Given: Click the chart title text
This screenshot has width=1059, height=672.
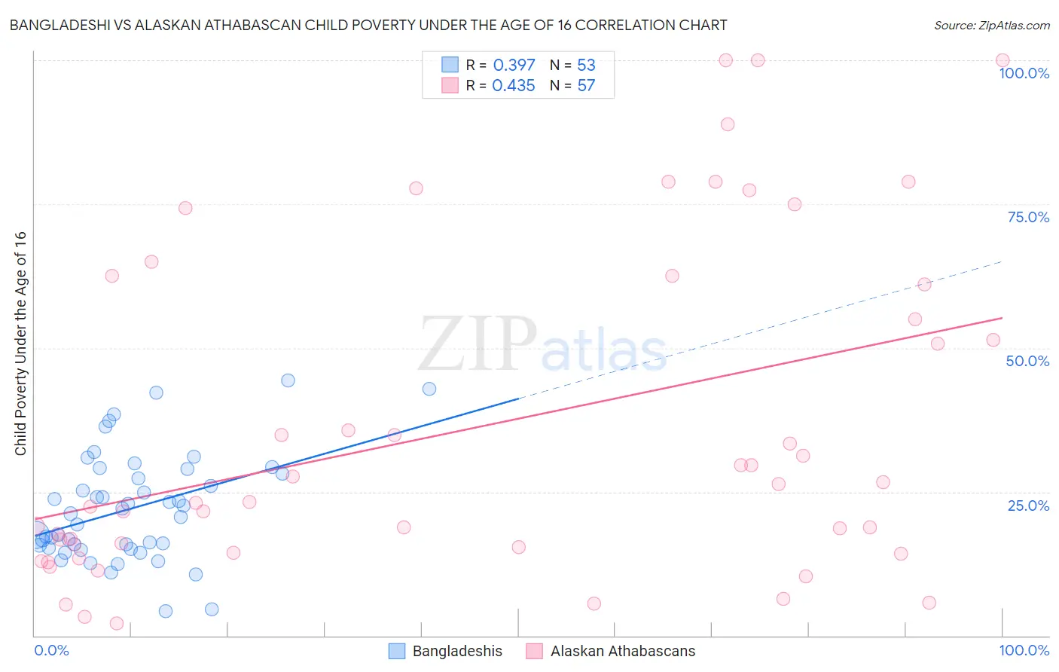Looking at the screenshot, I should click(368, 25).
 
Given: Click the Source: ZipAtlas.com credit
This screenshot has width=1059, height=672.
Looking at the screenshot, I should click(991, 25).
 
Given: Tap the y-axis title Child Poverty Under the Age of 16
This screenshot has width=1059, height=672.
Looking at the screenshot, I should click(20, 343).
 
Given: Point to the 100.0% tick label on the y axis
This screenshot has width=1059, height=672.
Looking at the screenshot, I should click(1024, 73).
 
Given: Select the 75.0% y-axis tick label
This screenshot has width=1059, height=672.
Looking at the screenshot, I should click(1028, 217).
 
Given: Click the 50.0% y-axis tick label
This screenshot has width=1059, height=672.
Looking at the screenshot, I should click(1027, 361).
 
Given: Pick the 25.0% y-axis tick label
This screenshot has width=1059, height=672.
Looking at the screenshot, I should click(1028, 506).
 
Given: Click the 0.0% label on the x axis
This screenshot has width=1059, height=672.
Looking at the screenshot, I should click(51, 650).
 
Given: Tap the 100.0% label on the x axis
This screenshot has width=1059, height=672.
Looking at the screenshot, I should click(1024, 650).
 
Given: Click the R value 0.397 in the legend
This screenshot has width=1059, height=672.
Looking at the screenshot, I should click(514, 65).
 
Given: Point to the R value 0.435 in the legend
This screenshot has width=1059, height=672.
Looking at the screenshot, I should click(514, 85).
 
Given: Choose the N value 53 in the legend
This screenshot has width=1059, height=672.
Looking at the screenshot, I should click(586, 65).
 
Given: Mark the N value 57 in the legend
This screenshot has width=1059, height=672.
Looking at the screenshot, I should click(586, 85).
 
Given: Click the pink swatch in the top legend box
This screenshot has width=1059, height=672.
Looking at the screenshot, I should click(450, 85).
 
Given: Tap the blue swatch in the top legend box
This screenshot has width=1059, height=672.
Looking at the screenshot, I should click(450, 65).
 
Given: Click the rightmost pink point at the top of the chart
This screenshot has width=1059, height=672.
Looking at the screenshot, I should click(1003, 60).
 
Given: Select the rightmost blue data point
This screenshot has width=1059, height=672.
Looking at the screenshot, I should click(429, 389).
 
